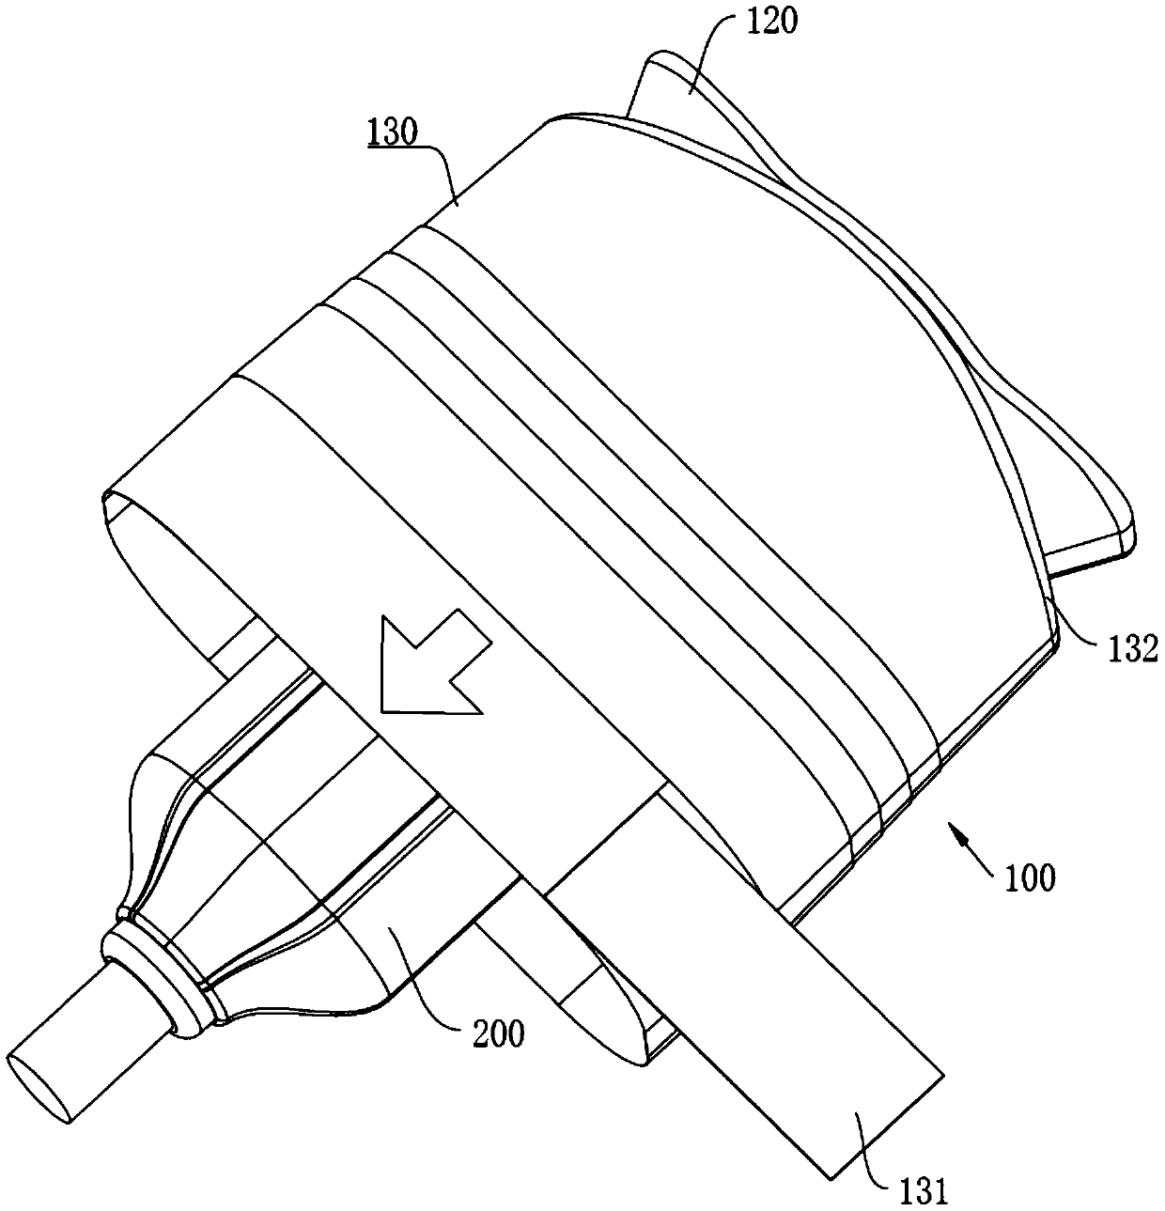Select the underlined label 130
pos(393,132)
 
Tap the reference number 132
pos(1130,649)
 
